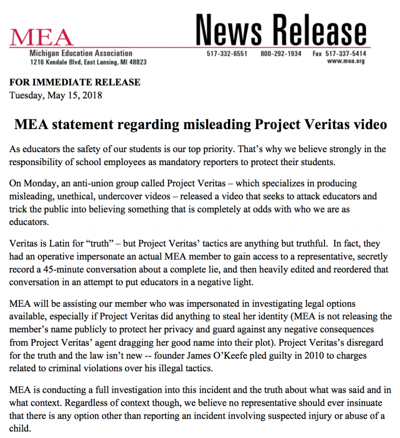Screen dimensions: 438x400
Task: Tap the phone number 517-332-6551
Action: coord(227,54)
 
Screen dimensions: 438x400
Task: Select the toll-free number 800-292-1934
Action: coord(281,54)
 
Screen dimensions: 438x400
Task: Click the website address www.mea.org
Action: coord(346,61)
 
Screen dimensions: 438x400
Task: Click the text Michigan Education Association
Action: coord(81,53)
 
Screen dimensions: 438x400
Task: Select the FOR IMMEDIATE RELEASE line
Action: coord(75,82)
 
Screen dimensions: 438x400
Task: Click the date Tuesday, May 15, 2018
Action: coord(56,95)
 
